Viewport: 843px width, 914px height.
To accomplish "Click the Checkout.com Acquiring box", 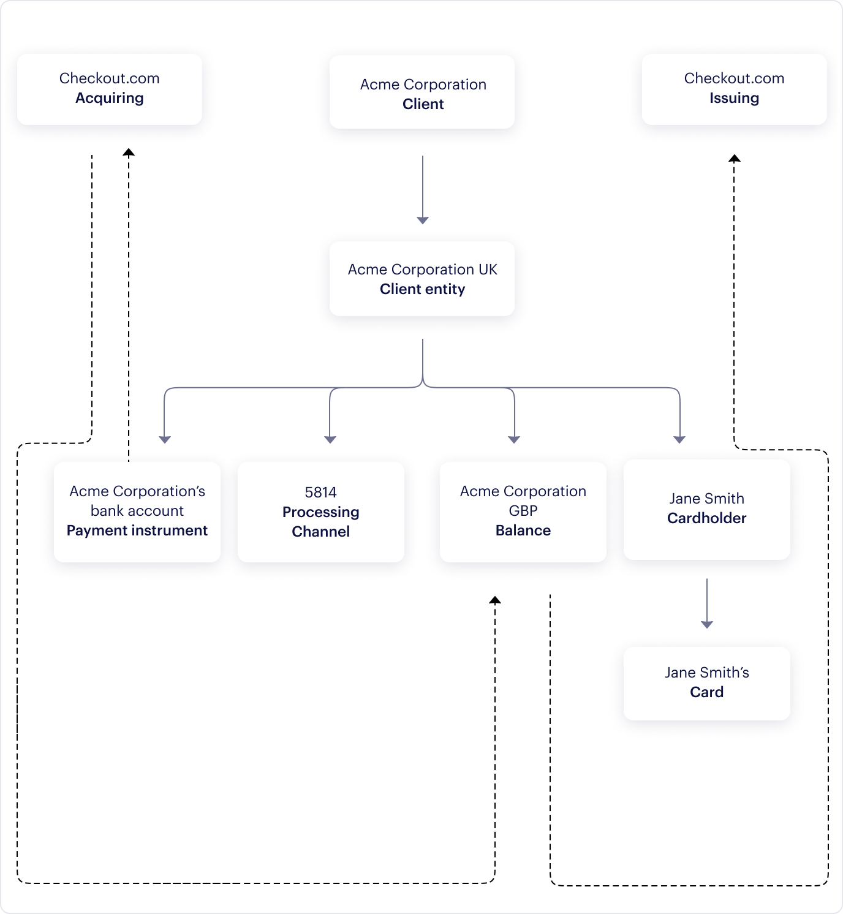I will point(110,89).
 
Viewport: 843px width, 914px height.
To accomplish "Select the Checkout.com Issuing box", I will point(734,89).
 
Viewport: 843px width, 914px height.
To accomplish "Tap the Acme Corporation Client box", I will point(422,93).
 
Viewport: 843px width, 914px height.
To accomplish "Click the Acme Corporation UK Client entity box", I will point(422,279).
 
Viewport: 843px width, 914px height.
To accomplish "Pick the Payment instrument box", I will point(137,512).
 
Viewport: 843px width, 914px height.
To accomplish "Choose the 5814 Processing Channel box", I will point(321,512).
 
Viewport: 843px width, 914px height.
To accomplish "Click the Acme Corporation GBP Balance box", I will point(523,512).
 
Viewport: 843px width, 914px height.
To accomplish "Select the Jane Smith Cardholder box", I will point(706,509).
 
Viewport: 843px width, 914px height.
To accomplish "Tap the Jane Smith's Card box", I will point(706,683).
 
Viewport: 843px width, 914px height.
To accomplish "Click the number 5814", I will point(321,493).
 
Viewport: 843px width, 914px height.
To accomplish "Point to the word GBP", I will point(523,511).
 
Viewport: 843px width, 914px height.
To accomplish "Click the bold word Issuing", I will point(734,98).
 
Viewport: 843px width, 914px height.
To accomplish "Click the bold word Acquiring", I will point(110,98).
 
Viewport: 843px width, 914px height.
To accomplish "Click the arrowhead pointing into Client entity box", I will point(423,220).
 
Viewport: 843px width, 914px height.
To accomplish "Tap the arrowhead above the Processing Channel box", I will point(330,439).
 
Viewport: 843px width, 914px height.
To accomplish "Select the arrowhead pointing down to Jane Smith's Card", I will point(707,624).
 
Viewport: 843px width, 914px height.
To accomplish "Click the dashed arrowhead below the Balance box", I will point(495,600).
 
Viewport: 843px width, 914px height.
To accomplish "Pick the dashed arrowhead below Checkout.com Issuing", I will point(735,158).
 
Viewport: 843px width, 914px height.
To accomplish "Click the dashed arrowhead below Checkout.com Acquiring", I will point(129,153).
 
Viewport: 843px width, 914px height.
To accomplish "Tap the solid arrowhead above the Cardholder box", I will point(679,439).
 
